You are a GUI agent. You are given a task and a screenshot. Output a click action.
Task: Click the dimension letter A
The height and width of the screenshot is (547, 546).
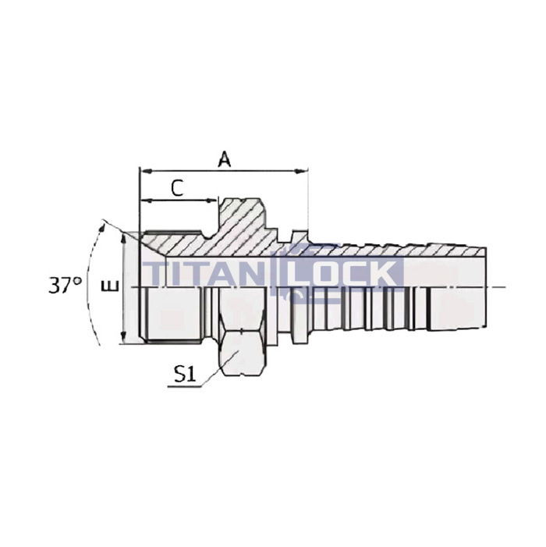pyautogui.click(x=225, y=159)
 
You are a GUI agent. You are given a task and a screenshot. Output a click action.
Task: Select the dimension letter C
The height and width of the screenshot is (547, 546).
pyautogui.click(x=177, y=187)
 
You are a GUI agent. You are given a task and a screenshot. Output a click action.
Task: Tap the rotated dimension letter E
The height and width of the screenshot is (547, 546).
pyautogui.click(x=112, y=286)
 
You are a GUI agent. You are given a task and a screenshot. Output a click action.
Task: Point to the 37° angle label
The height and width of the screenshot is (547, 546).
pyautogui.click(x=65, y=285)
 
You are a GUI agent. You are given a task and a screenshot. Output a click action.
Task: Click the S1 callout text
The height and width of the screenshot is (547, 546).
pyautogui.click(x=184, y=374)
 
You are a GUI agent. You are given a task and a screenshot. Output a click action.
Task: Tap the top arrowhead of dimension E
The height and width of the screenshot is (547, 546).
pyautogui.click(x=124, y=235)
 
